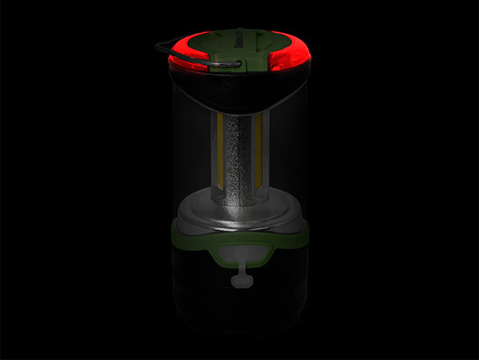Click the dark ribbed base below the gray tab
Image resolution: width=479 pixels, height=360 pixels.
click(x=239, y=312)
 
